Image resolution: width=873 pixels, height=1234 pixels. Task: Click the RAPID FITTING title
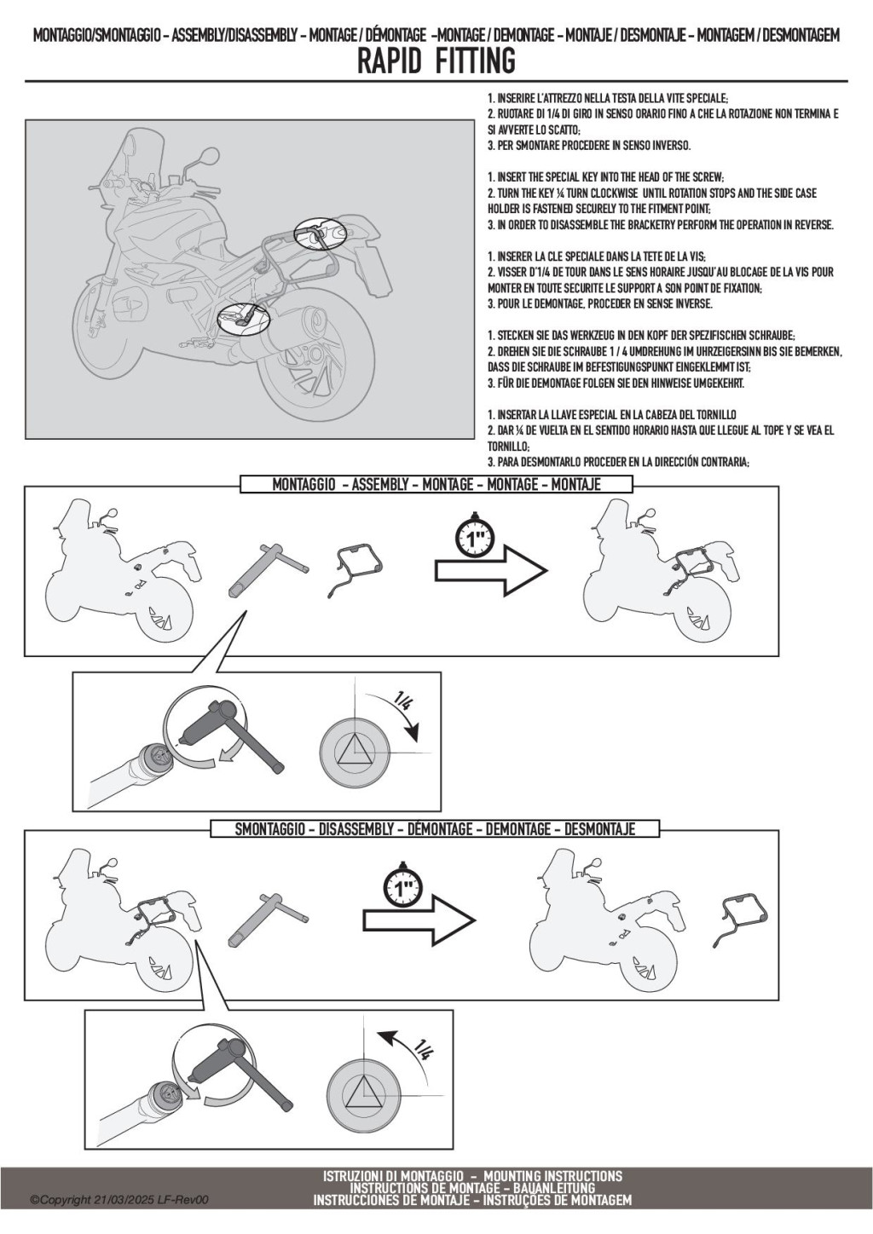click(436, 61)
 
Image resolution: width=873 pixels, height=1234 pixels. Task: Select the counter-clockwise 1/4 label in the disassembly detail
click(422, 1049)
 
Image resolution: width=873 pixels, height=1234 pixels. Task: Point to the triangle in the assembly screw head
click(355, 751)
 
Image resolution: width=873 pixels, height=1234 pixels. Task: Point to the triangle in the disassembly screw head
click(364, 1092)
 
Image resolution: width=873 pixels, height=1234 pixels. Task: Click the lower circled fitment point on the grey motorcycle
click(243, 319)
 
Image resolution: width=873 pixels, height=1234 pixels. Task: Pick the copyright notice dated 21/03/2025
click(119, 1199)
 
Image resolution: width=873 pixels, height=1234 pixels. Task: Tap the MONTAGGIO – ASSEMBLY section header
click(436, 484)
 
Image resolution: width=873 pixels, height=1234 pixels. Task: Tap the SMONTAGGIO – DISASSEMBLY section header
click(435, 828)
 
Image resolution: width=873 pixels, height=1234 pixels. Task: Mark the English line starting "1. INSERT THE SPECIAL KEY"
click(605, 177)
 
